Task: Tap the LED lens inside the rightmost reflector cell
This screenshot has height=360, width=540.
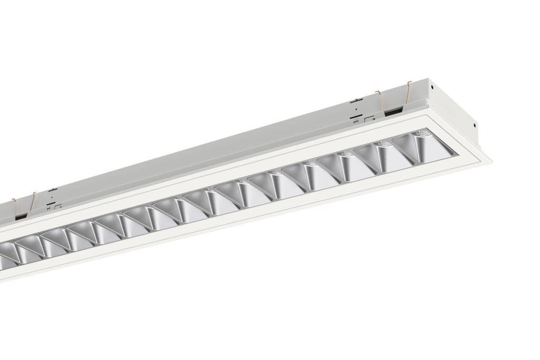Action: pos(421,133)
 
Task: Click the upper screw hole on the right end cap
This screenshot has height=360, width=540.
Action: pos(431,87)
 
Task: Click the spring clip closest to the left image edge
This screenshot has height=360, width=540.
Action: pos(14,205)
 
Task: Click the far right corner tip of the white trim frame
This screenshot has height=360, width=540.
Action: pos(491,160)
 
